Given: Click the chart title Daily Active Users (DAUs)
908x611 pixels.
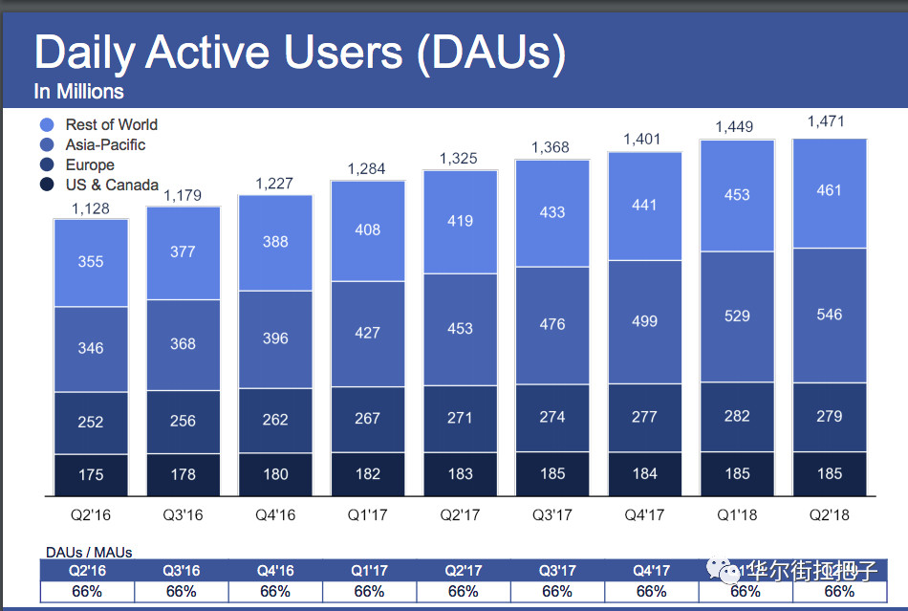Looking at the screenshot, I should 299,54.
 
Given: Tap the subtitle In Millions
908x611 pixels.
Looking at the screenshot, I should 78,92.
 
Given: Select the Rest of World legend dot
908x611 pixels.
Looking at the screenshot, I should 47,124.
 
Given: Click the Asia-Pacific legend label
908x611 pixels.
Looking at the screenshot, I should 105,144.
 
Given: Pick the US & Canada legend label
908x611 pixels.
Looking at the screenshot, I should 112,185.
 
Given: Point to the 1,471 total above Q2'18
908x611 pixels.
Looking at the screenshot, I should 827,122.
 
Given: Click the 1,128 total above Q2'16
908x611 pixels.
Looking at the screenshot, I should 90,208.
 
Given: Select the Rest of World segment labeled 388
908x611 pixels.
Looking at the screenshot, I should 275,242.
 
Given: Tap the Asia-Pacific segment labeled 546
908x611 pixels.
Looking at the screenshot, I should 830,315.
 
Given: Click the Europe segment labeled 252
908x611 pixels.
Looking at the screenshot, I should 91,422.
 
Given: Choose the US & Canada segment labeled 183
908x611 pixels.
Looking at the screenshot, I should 460,473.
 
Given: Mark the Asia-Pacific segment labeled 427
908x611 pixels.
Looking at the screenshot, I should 367,333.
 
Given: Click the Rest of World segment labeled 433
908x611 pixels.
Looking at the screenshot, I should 552,212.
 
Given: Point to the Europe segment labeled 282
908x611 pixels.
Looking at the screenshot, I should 737,417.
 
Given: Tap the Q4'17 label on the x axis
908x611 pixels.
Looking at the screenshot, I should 644,515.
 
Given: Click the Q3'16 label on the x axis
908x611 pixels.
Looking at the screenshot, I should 183,515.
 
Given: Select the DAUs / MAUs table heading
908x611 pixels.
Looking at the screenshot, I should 89,552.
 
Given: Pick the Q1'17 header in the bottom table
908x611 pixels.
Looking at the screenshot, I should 369,571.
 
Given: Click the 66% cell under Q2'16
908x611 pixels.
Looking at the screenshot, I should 87,592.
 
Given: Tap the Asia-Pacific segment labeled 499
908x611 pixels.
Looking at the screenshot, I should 644,320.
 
